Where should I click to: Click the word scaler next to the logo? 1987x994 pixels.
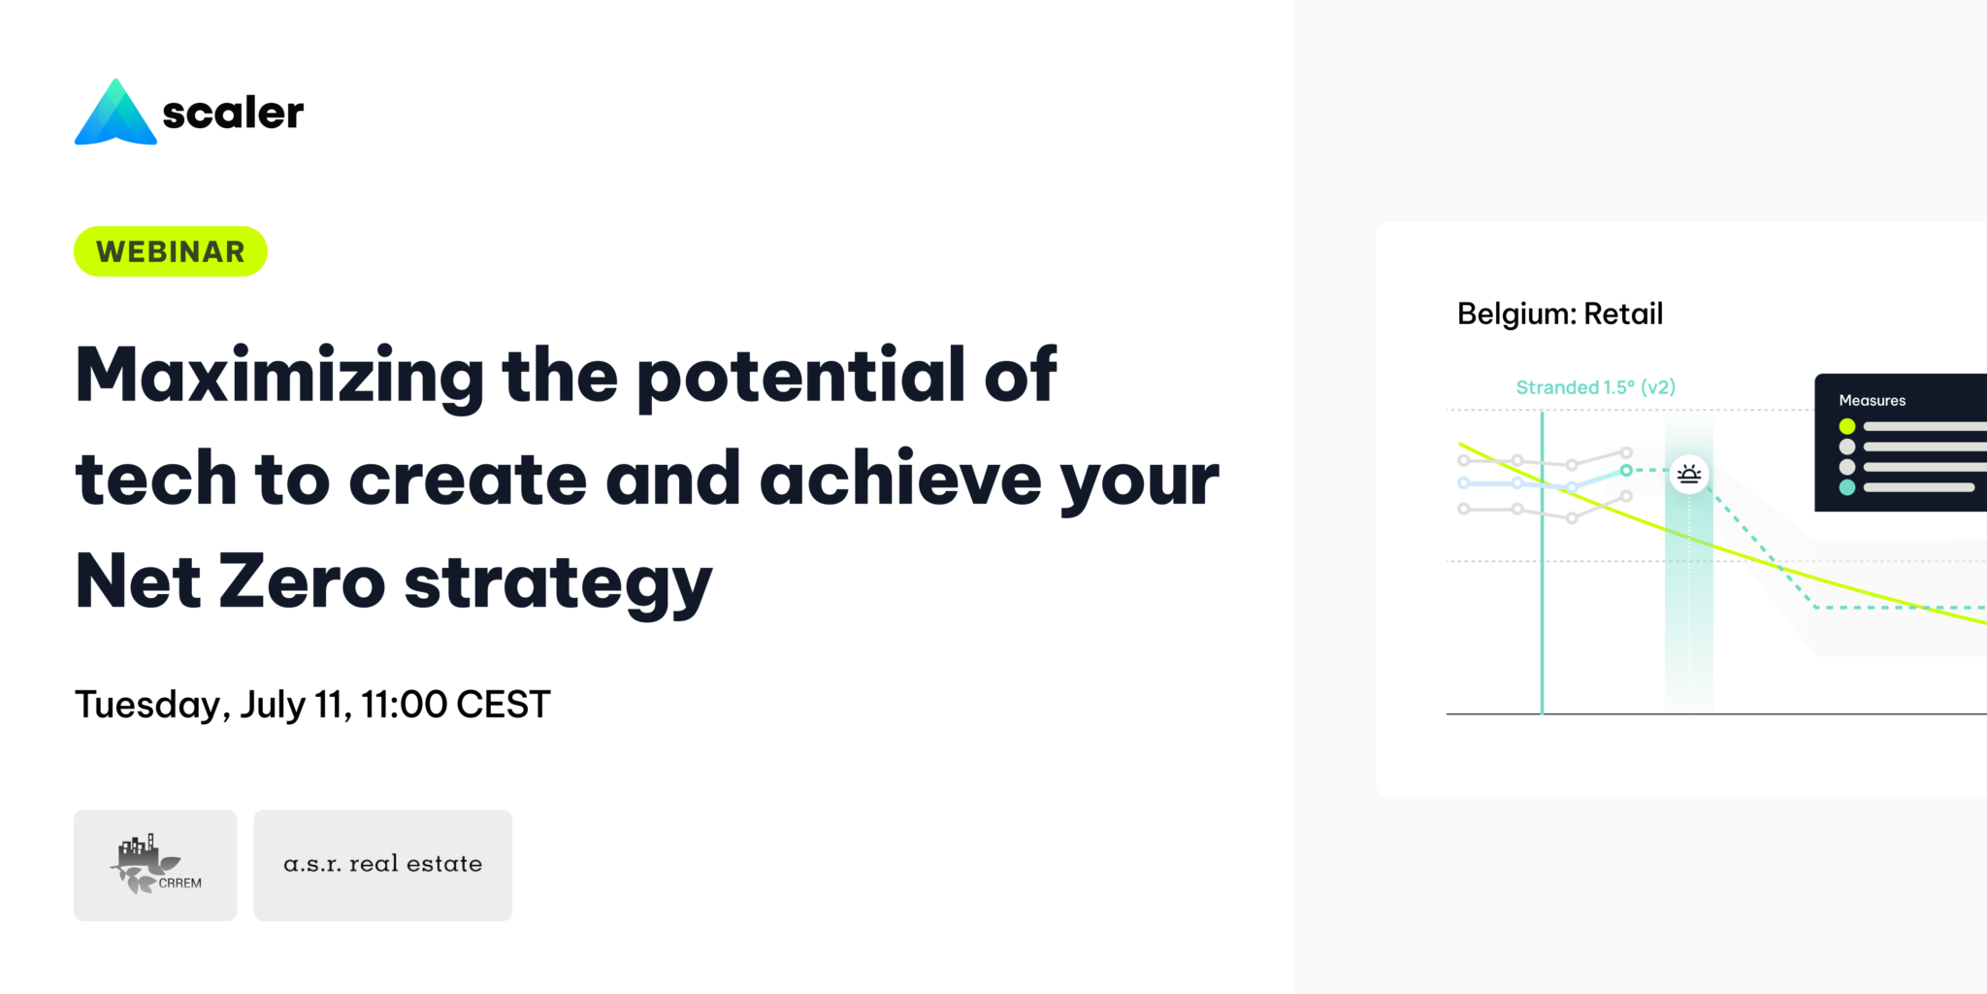tap(233, 113)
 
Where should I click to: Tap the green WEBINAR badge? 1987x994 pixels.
tap(171, 251)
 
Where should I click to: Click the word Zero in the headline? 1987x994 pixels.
tap(302, 581)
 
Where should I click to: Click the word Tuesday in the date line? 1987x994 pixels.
tap(152, 706)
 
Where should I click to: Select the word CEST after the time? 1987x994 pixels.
tap(504, 705)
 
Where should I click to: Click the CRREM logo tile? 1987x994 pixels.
tap(155, 865)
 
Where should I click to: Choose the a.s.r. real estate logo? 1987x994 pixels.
tap(383, 865)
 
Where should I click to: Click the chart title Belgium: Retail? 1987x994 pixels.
tap(1560, 315)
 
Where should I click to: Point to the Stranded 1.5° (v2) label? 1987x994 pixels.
tap(1596, 387)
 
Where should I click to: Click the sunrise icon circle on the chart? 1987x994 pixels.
tap(1689, 475)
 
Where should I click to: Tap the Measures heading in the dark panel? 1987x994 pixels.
tap(1873, 400)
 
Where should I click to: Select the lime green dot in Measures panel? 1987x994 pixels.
tap(1847, 426)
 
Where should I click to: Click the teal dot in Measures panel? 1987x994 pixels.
tap(1847, 487)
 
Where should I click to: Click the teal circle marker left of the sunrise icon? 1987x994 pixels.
tap(1626, 470)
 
